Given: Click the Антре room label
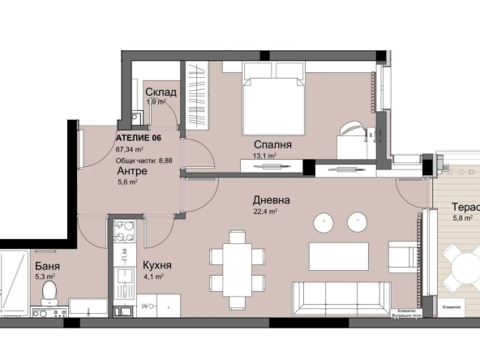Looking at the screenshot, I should (131, 172).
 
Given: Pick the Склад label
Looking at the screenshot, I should (161, 92).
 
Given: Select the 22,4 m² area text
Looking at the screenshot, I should (266, 212).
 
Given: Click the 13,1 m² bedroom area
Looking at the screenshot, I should (264, 156).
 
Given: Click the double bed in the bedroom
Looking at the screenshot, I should (274, 104).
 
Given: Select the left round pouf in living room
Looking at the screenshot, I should (323, 221).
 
